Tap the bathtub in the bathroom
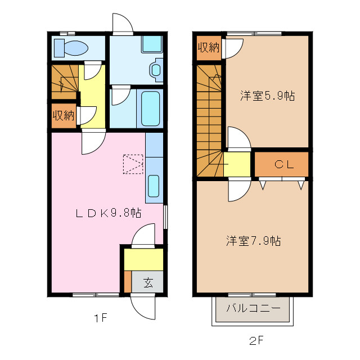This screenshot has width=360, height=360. (150, 108)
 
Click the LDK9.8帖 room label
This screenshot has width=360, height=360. (109, 213)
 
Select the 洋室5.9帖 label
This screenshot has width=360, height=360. (268, 96)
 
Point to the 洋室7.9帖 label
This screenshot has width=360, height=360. (254, 241)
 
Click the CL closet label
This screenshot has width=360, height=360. (282, 164)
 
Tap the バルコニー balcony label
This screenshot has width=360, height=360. (253, 308)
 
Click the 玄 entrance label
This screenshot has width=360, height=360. (147, 282)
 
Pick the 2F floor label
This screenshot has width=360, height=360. (256, 340)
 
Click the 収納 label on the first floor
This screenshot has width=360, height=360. (64, 116)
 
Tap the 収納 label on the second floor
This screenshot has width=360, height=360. (208, 48)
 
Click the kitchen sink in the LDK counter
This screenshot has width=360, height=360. (154, 186)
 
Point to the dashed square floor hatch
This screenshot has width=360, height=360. (133, 164)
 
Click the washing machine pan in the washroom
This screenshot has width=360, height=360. (151, 44)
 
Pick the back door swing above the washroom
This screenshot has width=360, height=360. (121, 24)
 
